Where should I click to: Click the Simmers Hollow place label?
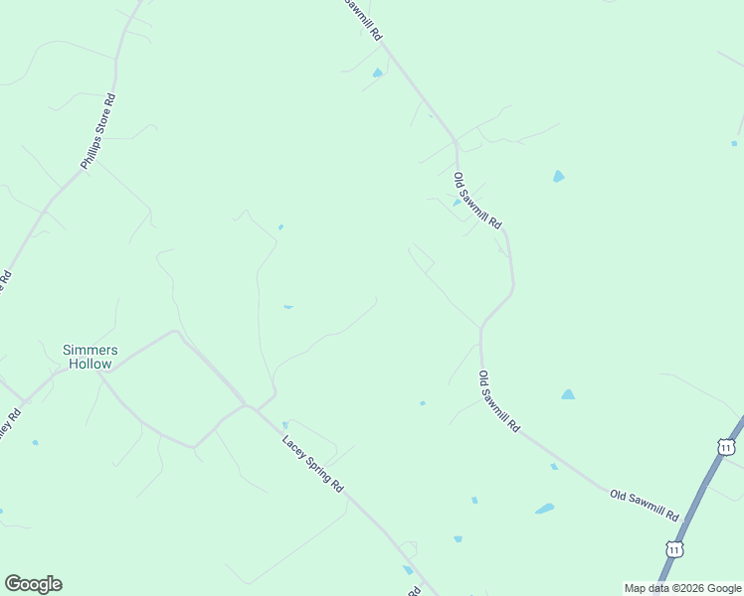click(90, 357)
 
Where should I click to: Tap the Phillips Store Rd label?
click(98, 132)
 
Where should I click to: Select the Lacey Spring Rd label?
click(312, 464)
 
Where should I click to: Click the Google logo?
click(33, 584)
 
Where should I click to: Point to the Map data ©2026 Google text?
click(682, 588)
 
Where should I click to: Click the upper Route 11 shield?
click(726, 448)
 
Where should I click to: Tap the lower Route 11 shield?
click(674, 548)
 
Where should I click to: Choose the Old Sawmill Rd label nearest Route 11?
click(645, 504)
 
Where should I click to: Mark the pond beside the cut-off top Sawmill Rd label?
click(377, 73)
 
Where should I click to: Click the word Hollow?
click(90, 364)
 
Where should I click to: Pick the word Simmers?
click(90, 350)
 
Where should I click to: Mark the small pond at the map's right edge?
click(734, 143)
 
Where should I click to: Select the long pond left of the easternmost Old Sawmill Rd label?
click(544, 510)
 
